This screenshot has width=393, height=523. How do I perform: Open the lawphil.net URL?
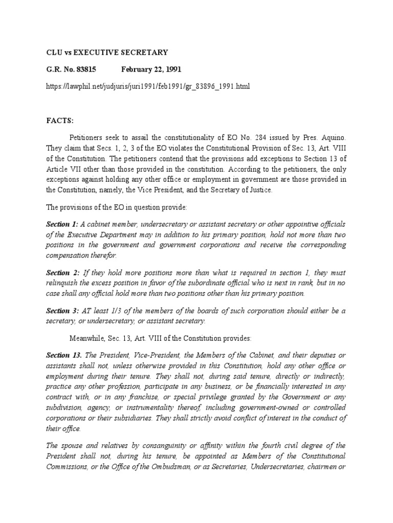pos(148,86)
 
